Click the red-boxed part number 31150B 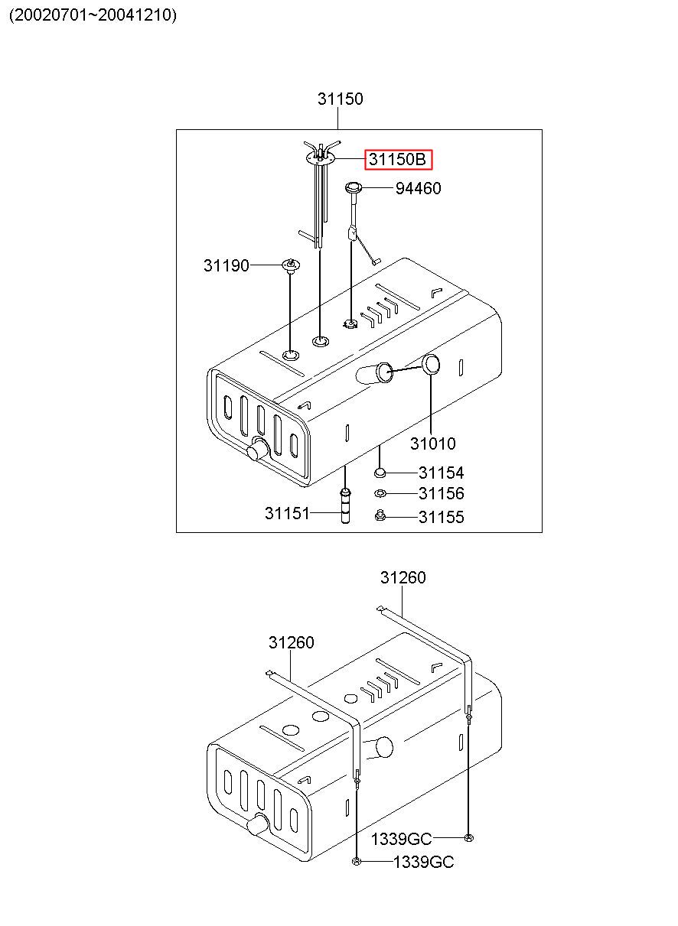397,159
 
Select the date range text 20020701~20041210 93,15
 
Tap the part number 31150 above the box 340,99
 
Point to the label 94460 419,189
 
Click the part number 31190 227,265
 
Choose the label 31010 432,444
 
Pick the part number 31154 441,473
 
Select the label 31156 441,493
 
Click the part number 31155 441,517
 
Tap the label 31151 287,513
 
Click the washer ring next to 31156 380,493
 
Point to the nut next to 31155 380,516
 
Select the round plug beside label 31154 380,472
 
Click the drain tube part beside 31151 345,506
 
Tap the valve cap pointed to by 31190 291,265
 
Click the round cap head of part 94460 354,188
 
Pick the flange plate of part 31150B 320,159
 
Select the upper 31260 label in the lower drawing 403,577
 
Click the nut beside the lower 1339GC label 356,861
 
